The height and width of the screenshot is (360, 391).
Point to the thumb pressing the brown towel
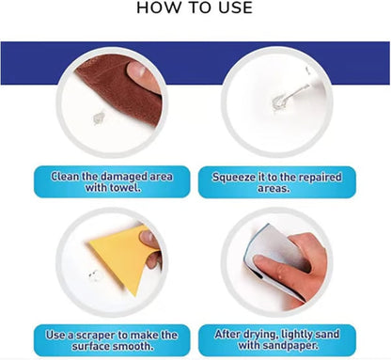tap(143, 74)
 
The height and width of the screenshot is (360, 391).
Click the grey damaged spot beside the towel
tap(99, 118)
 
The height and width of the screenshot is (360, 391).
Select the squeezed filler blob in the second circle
tap(279, 101)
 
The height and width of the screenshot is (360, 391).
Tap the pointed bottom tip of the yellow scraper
tap(135, 295)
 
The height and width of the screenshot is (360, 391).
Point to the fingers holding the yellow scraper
tap(151, 248)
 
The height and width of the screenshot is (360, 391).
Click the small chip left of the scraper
tap(93, 275)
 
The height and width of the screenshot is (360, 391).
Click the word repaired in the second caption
tap(320, 178)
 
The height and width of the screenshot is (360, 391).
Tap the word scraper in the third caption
tap(96, 336)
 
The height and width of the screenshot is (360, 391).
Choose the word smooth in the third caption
tap(133, 347)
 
